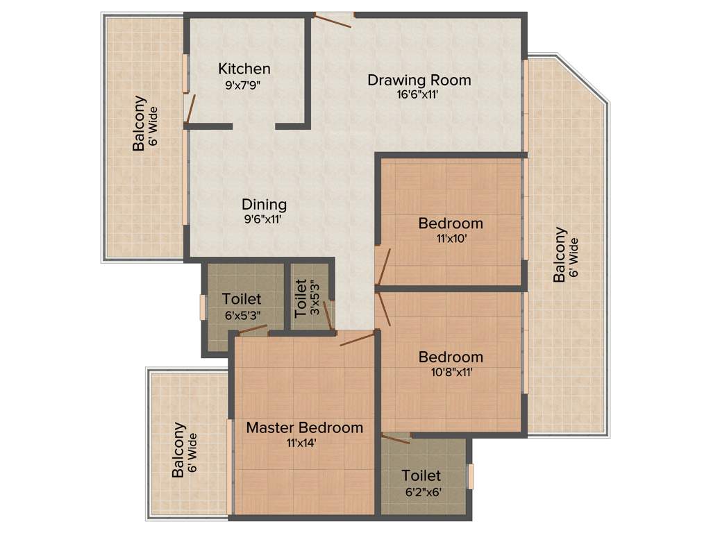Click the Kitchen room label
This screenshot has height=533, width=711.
pos(244,69)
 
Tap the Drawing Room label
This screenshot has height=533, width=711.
pos(419,80)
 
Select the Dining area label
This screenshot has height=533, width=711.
pos(264,205)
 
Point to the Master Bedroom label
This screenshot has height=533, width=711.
pos(304,428)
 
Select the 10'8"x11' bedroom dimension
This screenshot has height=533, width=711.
pos(451,372)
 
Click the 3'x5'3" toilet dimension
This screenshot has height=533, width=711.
pos(314,298)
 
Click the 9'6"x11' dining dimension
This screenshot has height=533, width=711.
pos(264,220)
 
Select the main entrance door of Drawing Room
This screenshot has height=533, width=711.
pos(333,19)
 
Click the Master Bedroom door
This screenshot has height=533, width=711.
pos(358,339)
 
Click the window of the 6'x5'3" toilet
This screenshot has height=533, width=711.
pos(203,307)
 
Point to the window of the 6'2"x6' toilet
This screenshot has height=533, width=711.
pos(471,476)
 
